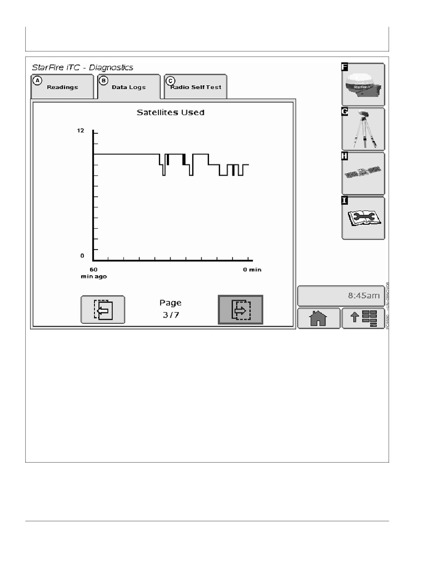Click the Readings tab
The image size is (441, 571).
(x=62, y=87)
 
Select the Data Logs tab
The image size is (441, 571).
(x=129, y=87)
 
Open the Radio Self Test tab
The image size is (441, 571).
(x=195, y=87)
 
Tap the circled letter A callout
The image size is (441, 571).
(x=37, y=81)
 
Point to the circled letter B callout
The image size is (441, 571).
(x=103, y=81)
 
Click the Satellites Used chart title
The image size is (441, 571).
(x=171, y=112)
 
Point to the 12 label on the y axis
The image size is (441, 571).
(x=80, y=130)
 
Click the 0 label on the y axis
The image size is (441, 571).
(x=82, y=256)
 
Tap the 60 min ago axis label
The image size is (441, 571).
(x=94, y=273)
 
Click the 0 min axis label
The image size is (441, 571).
(x=252, y=270)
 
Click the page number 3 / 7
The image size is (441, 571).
(x=171, y=315)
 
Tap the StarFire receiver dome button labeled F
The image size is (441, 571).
(x=363, y=84)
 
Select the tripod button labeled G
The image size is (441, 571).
(x=363, y=129)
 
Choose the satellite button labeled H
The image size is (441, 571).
(x=363, y=173)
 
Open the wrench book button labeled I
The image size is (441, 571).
(x=363, y=218)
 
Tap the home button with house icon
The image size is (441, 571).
(x=319, y=318)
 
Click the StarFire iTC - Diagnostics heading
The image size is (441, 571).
(x=82, y=67)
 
